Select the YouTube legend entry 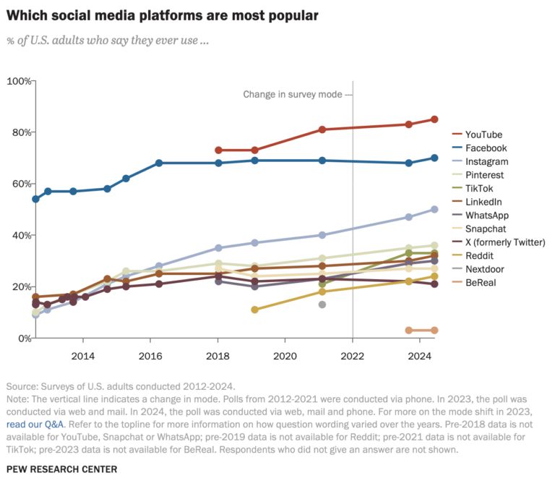483,135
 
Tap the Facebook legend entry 486,148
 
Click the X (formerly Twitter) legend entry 505,242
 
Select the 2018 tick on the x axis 218,356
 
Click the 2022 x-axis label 353,356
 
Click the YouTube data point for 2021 322,129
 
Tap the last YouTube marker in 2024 434,119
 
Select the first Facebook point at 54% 36,199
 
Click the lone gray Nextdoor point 322,305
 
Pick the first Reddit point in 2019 254,310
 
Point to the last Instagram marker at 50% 434,209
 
